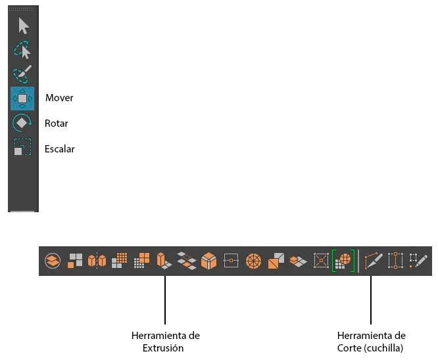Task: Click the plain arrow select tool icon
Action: (x=24, y=26)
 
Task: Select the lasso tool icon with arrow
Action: (x=22, y=50)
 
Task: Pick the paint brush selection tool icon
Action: (x=22, y=74)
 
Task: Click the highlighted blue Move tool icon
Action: (x=22, y=99)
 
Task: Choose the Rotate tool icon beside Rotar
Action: (x=22, y=123)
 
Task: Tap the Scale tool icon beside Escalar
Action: (x=22, y=146)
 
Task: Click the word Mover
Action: (x=59, y=98)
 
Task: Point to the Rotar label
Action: (x=56, y=124)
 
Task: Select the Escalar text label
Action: (x=59, y=149)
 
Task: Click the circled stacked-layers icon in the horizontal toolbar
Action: (x=53, y=261)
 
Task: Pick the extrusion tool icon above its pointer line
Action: (x=164, y=261)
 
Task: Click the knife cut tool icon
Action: (x=374, y=261)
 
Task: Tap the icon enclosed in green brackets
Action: (x=343, y=261)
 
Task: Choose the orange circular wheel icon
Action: (x=253, y=261)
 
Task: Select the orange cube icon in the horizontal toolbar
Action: (x=208, y=261)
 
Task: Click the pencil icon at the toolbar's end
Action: (x=418, y=261)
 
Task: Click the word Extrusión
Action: (x=163, y=348)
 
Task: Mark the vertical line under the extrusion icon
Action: (x=165, y=300)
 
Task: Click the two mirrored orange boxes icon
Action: (x=97, y=261)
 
